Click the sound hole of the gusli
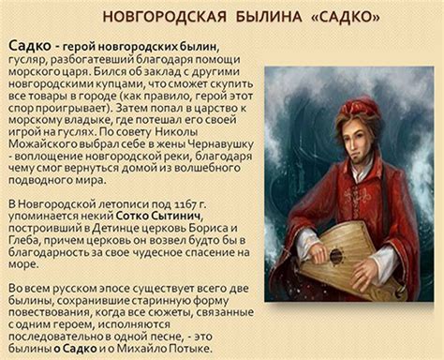point(335,254)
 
